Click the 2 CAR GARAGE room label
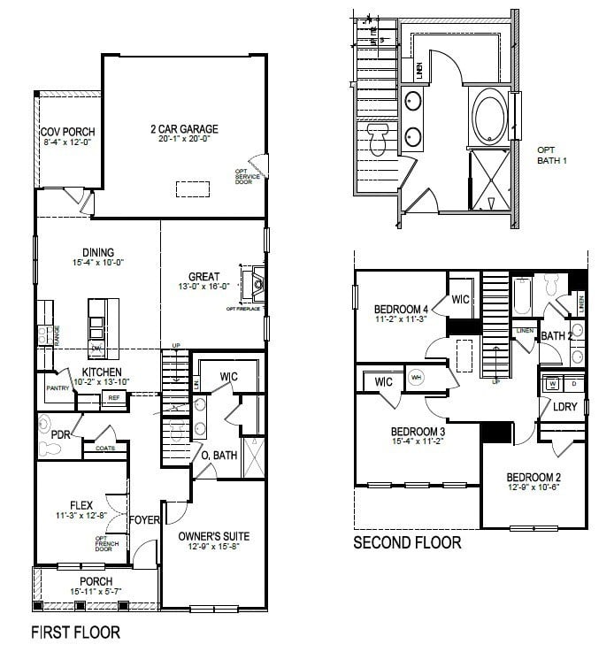pos(184,129)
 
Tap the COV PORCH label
pos(67,133)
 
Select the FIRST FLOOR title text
pos(75,633)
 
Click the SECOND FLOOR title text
pos(407,542)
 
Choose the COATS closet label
pos(104,449)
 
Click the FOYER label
pos(144,519)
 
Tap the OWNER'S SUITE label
pos(213,536)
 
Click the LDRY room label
pos(564,408)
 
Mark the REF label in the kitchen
pos(113,398)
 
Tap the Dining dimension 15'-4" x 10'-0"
pos(97,262)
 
